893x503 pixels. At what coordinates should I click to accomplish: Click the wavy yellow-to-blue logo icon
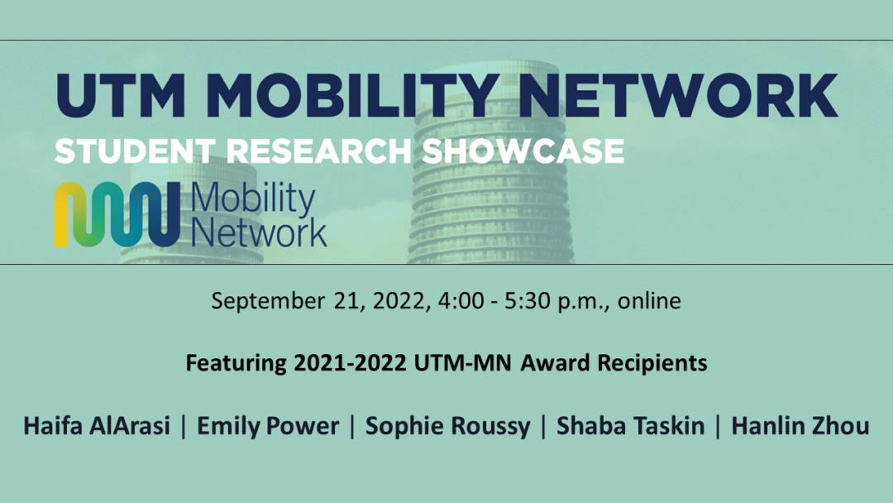(x=116, y=215)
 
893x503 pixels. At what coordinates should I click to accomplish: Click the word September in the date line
(x=267, y=301)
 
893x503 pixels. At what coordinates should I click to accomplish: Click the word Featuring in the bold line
(x=235, y=363)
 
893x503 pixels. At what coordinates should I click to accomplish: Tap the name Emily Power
(x=268, y=426)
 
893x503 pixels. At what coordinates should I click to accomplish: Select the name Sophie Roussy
(x=447, y=427)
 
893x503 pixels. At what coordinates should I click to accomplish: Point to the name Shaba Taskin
(x=630, y=426)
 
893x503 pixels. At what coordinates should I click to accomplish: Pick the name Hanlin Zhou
(x=798, y=426)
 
